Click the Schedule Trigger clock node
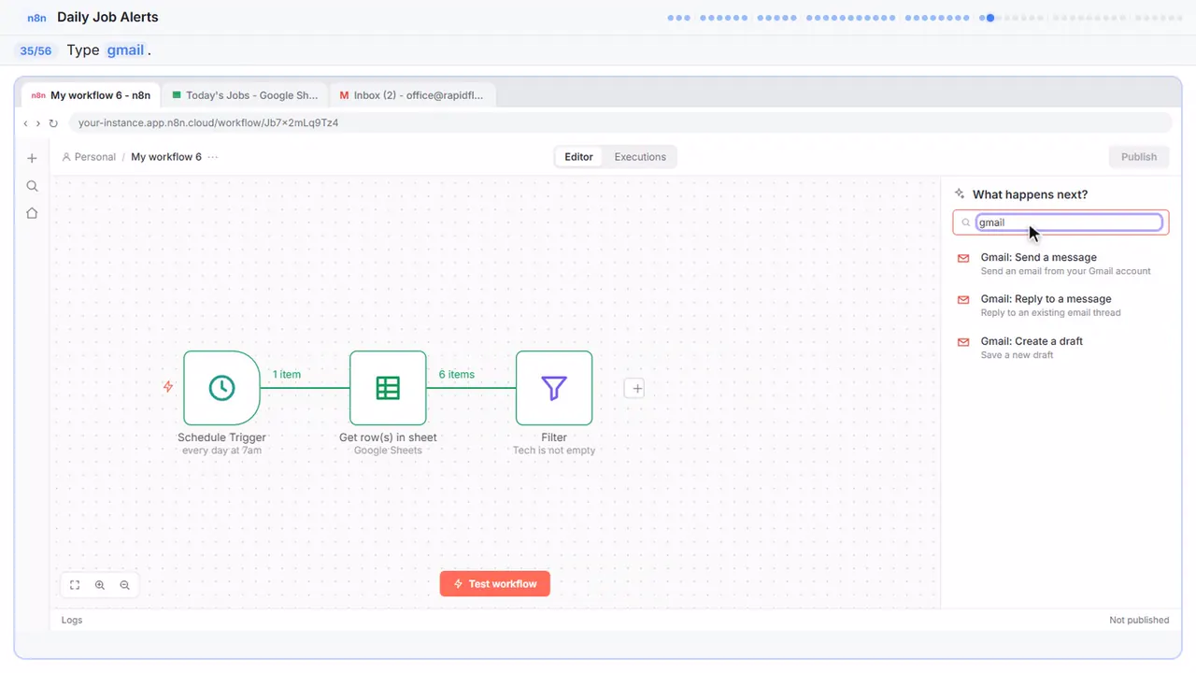221,388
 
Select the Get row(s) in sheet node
388,388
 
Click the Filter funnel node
554,388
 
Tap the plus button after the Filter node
634,388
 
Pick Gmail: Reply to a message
1046,306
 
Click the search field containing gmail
1069,222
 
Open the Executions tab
640,156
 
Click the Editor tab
578,156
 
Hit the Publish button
1139,156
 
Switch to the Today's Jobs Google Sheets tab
245,95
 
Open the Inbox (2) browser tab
412,95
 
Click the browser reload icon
53,122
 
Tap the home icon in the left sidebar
32,213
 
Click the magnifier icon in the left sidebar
32,186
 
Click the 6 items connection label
457,375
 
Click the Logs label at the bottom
72,620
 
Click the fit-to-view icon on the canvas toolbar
75,585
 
